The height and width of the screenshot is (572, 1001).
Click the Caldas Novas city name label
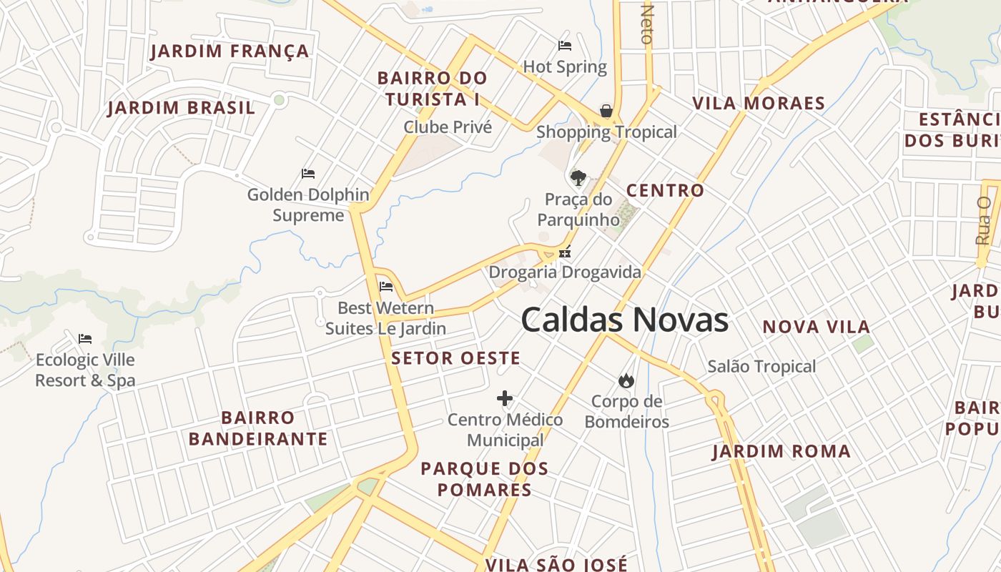coord(624,320)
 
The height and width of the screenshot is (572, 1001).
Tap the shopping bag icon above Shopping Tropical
coord(606,111)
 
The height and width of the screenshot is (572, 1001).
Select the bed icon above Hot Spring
coord(565,46)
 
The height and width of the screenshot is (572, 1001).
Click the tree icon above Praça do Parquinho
coord(578,177)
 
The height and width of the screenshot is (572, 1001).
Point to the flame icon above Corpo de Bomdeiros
coord(626,380)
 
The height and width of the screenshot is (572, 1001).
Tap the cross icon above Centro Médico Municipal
coord(505,398)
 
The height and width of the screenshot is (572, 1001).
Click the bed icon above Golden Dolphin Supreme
coord(308,174)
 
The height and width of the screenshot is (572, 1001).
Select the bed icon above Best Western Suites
coord(386,287)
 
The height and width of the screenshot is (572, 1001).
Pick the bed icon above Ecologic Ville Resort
coord(85,338)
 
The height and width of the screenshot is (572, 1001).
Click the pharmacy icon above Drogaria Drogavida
coord(565,252)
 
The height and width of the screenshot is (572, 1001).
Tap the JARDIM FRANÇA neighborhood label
coord(230,51)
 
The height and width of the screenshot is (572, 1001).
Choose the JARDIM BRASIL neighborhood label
coord(181,108)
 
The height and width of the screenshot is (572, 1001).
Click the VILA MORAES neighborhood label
coord(759,104)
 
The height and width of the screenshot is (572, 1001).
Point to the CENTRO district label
coord(665,191)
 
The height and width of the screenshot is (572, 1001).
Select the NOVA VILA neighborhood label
coord(816,327)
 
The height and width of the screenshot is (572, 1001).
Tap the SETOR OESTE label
coord(455,358)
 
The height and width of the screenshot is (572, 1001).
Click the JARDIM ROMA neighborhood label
coord(781,452)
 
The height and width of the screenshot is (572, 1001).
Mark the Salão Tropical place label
coord(761,367)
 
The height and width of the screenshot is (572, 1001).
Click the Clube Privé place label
coord(448,127)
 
